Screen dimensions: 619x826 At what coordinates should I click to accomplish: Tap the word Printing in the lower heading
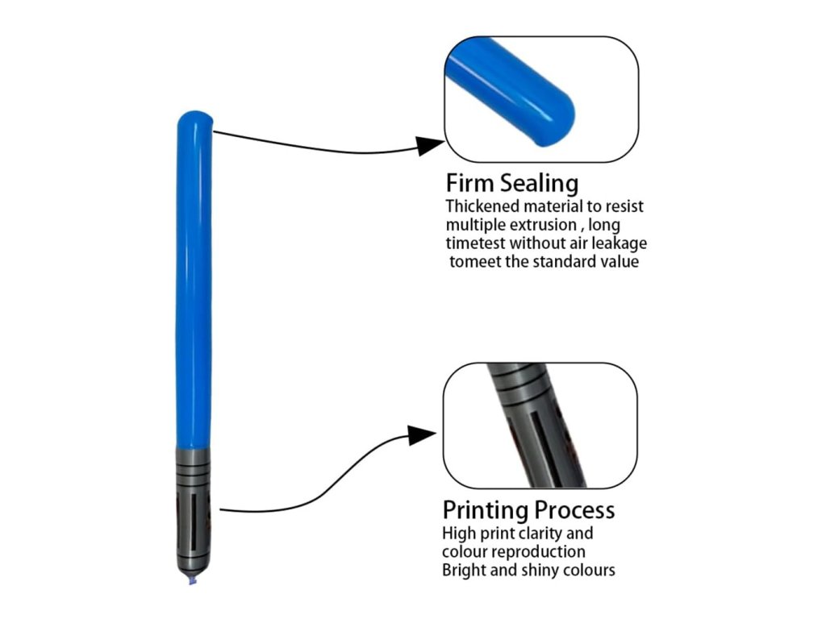482,510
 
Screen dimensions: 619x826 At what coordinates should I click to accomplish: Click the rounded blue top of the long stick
194,121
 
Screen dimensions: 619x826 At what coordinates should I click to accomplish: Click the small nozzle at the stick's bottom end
193,580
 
